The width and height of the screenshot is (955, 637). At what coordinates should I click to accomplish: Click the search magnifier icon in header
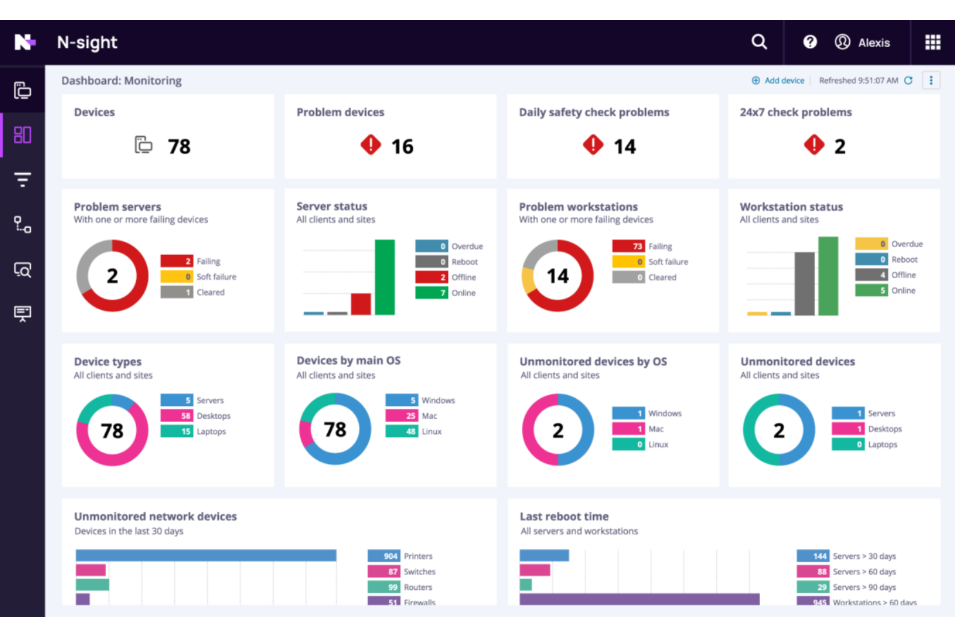pos(759,42)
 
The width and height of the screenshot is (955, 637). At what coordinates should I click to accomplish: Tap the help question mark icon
pos(810,42)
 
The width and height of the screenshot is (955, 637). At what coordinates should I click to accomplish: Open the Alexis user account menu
pos(862,43)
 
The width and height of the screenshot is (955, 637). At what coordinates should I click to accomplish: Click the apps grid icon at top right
pos(932,43)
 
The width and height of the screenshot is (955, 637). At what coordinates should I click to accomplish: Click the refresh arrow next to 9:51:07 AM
pos(909,81)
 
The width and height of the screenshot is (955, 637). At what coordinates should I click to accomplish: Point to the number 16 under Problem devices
pos(402,147)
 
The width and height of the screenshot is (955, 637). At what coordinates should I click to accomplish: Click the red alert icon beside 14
pos(592,145)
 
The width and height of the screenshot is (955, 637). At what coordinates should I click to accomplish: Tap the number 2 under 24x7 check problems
pos(839,147)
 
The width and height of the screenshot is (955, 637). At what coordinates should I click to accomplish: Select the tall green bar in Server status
pos(385,277)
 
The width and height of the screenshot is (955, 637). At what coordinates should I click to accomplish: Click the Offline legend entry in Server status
pos(447,278)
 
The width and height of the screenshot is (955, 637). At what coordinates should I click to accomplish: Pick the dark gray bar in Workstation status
pos(804,283)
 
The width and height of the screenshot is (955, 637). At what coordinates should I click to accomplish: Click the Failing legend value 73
pos(629,246)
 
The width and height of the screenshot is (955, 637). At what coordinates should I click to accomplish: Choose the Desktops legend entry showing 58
pos(196,416)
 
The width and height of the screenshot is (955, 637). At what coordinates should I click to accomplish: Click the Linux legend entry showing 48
pos(414,432)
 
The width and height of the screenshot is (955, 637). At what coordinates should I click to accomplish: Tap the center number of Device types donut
pos(112,430)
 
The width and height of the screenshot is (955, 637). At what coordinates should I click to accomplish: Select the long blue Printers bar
pos(206,556)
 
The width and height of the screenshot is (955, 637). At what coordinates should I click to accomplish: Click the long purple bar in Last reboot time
pos(639,600)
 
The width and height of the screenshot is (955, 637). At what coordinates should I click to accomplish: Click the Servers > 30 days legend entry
pos(847,556)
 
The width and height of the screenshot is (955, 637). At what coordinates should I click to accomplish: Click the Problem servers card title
pos(117,207)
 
